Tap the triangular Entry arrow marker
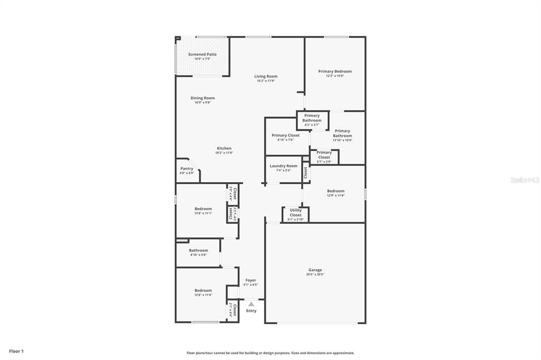pyautogui.click(x=251, y=304)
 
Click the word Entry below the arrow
pyautogui.click(x=251, y=311)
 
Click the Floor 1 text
pyautogui.click(x=16, y=351)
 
